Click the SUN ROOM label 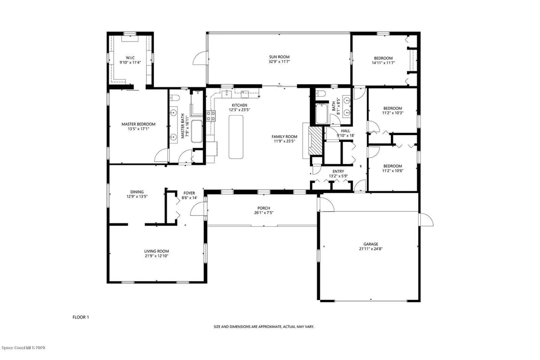point(279,57)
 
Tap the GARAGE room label point(370,244)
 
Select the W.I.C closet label point(130,58)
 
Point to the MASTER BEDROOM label point(138,124)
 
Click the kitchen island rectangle point(236,137)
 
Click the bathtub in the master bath point(197,131)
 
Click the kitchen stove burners point(211,116)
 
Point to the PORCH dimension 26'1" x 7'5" point(264,213)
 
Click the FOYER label point(189,193)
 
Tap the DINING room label point(137,192)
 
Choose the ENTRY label point(338,171)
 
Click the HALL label point(346,131)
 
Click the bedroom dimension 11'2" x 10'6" point(393,171)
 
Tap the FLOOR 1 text point(80,317)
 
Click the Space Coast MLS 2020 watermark point(23,348)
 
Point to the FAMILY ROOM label point(284,137)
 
